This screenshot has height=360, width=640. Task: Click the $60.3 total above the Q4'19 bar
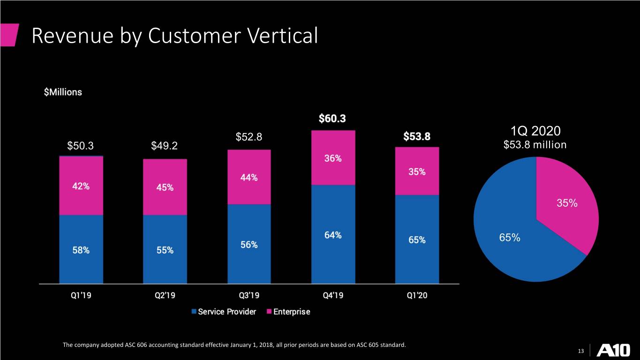(332, 118)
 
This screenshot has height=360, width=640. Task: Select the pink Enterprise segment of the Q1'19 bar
(81, 186)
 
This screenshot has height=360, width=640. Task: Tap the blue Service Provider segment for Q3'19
(249, 244)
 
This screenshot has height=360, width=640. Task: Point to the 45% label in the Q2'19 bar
(165, 187)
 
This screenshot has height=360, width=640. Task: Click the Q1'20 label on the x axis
(417, 295)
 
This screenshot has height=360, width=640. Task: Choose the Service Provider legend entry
(224, 311)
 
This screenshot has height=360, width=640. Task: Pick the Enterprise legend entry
(288, 311)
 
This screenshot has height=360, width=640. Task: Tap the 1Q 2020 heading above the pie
(535, 131)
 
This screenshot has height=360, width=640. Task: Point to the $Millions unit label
(63, 92)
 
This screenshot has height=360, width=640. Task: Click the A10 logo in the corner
(613, 350)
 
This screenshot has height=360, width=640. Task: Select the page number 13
(581, 351)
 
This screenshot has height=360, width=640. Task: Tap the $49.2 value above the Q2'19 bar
(164, 146)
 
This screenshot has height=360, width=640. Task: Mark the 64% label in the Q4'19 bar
(333, 235)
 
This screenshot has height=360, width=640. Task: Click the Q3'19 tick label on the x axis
(249, 295)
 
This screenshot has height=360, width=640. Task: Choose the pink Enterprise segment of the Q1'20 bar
(417, 171)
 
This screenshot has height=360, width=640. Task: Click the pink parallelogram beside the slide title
(9, 35)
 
